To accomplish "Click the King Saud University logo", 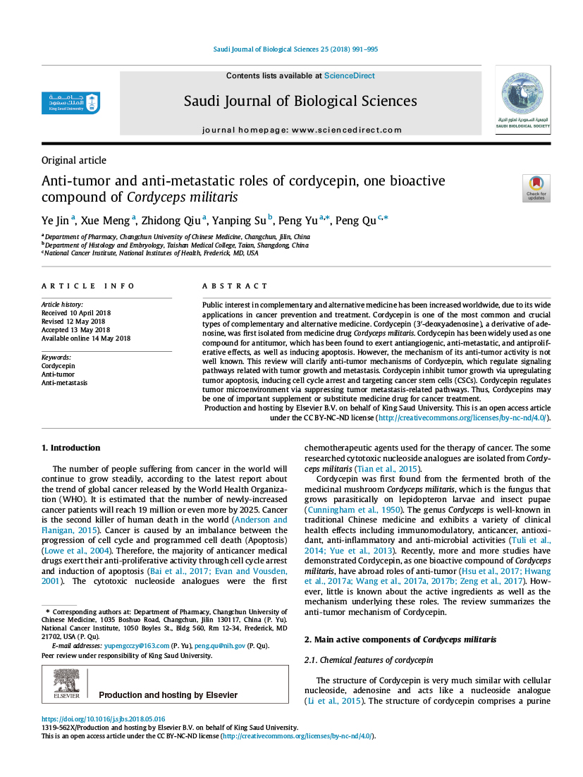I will coord(70,103).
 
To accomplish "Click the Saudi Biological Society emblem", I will coord(522,99).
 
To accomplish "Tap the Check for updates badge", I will coord(536,188).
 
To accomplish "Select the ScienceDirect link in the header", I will coord(349,75).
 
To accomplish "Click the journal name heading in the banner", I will coord(300,101).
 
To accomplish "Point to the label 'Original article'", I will coord(74,160).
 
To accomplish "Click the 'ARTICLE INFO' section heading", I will coord(88,286).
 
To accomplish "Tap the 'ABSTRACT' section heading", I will coord(235,286).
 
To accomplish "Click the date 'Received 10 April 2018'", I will coord(76,312).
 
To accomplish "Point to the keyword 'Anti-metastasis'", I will coord(64,383).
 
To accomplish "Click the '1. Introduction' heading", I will coord(70,448).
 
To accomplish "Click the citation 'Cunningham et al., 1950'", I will coord(352,509).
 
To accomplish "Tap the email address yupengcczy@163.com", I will coord(136,645).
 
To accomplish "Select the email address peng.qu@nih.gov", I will coord(220,645).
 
